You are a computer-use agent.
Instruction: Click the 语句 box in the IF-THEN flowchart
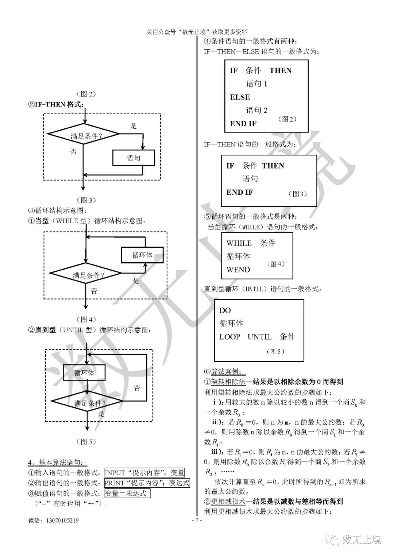pyautogui.click(x=134, y=158)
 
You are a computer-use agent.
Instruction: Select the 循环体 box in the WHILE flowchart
pyautogui.click(x=142, y=255)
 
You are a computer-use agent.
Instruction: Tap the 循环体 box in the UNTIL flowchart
pyautogui.click(x=84, y=373)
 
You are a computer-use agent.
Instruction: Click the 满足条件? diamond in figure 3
pyautogui.click(x=84, y=136)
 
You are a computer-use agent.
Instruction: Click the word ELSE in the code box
pyautogui.click(x=240, y=97)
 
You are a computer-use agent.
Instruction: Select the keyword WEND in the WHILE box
pyautogui.click(x=238, y=270)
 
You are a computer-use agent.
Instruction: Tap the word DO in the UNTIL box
pyautogui.click(x=225, y=310)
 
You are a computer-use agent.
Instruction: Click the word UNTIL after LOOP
pyautogui.click(x=259, y=337)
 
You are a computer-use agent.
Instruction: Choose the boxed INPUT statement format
pyautogui.click(x=144, y=473)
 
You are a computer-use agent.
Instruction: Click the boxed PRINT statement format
pyautogui.click(x=147, y=483)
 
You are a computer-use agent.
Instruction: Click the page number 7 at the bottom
pyautogui.click(x=197, y=520)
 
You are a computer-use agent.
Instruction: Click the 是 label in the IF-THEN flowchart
pyautogui.click(x=134, y=126)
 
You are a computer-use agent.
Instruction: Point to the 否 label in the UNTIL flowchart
pyautogui.click(x=137, y=388)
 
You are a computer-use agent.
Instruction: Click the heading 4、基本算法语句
pyautogui.click(x=58, y=463)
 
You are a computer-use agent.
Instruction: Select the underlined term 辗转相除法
pyautogui.click(x=228, y=382)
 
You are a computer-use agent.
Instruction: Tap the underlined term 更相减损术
pyautogui.click(x=228, y=502)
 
